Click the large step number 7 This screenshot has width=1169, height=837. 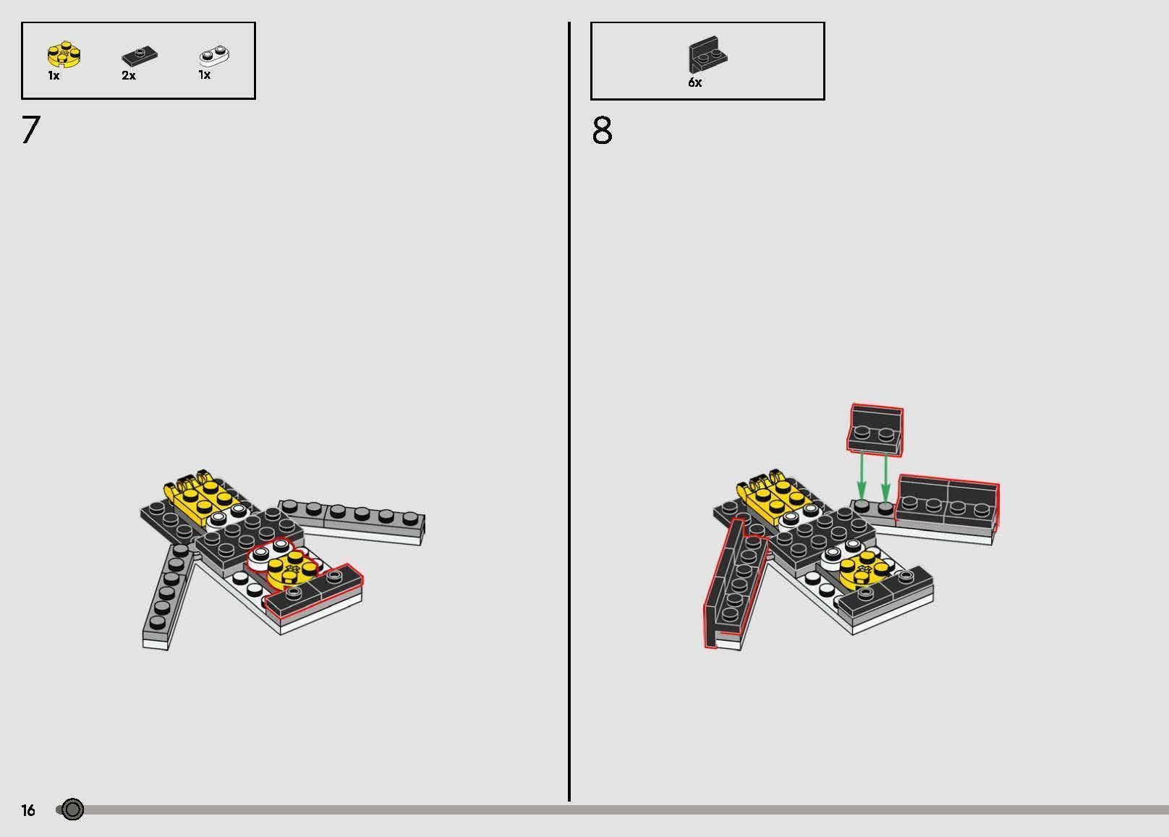(31, 129)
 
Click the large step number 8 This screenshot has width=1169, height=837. (602, 130)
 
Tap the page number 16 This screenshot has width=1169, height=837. (28, 810)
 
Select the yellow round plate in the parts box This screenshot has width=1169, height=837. (64, 55)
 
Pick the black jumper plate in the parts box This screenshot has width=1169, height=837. (140, 55)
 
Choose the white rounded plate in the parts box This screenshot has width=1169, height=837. (214, 55)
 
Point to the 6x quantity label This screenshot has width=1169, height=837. (694, 82)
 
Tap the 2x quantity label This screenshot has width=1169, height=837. (128, 76)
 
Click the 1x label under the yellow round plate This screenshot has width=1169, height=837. (54, 76)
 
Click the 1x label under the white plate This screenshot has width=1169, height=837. (205, 75)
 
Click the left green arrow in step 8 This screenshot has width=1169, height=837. (861, 477)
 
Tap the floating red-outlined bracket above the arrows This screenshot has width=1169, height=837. (875, 430)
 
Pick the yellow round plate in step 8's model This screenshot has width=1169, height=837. (864, 570)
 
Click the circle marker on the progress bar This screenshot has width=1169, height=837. (72, 810)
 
